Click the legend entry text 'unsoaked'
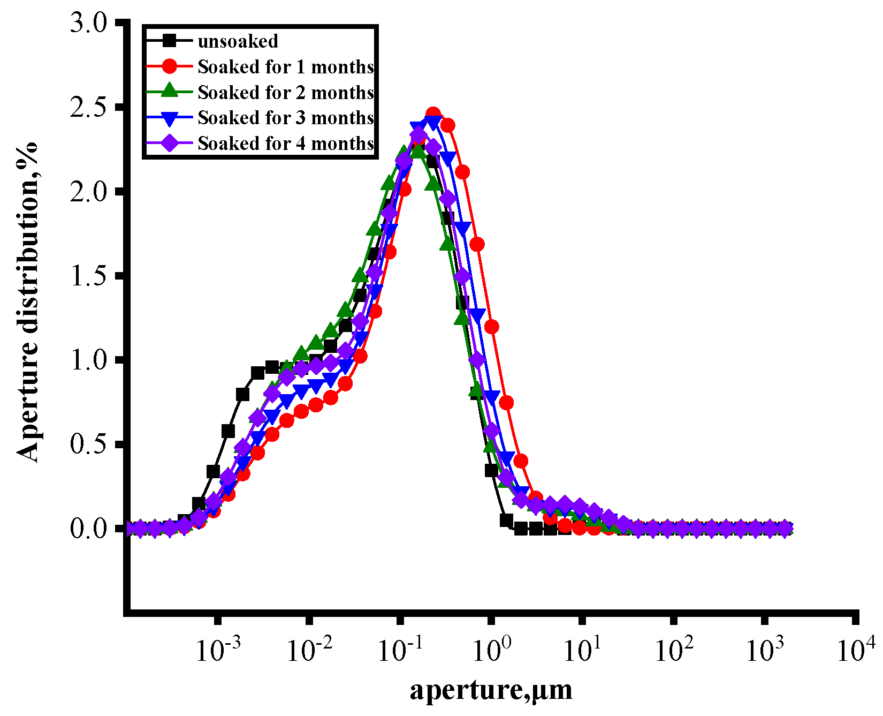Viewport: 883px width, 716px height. (x=238, y=41)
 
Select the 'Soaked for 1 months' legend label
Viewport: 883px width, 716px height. (x=285, y=67)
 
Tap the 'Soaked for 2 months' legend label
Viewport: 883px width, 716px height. (x=285, y=93)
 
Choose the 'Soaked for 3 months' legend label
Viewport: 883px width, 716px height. (x=285, y=118)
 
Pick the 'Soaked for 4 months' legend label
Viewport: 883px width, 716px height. (x=285, y=144)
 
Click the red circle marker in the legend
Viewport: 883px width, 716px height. (x=170, y=66)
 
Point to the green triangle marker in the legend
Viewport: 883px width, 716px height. (x=170, y=92)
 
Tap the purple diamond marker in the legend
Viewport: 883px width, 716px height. (x=170, y=144)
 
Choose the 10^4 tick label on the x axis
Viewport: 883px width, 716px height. (x=856, y=650)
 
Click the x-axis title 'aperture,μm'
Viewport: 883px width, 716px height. (x=491, y=690)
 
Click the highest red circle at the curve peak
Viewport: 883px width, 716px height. (x=433, y=114)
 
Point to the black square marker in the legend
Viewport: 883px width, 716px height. (x=170, y=41)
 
